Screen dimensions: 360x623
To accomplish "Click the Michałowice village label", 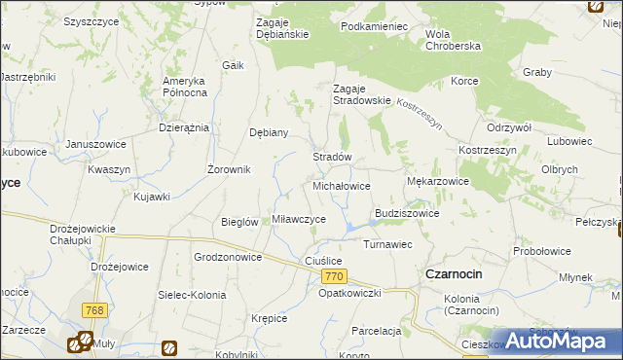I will (341, 185).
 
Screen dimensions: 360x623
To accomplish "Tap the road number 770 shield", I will (332, 278).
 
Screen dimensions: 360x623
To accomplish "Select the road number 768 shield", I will (93, 310).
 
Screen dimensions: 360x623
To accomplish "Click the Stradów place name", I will (331, 157).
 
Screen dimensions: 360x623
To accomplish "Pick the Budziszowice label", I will (407, 213).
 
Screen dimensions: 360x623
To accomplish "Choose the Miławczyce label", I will (299, 220).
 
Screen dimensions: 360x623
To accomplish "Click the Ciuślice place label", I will (324, 261).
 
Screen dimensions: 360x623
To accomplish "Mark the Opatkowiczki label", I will (349, 293).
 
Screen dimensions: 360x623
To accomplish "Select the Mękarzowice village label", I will (437, 181).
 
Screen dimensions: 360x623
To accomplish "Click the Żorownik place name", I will (230, 169).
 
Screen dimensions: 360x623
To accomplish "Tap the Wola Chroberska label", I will (454, 41).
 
